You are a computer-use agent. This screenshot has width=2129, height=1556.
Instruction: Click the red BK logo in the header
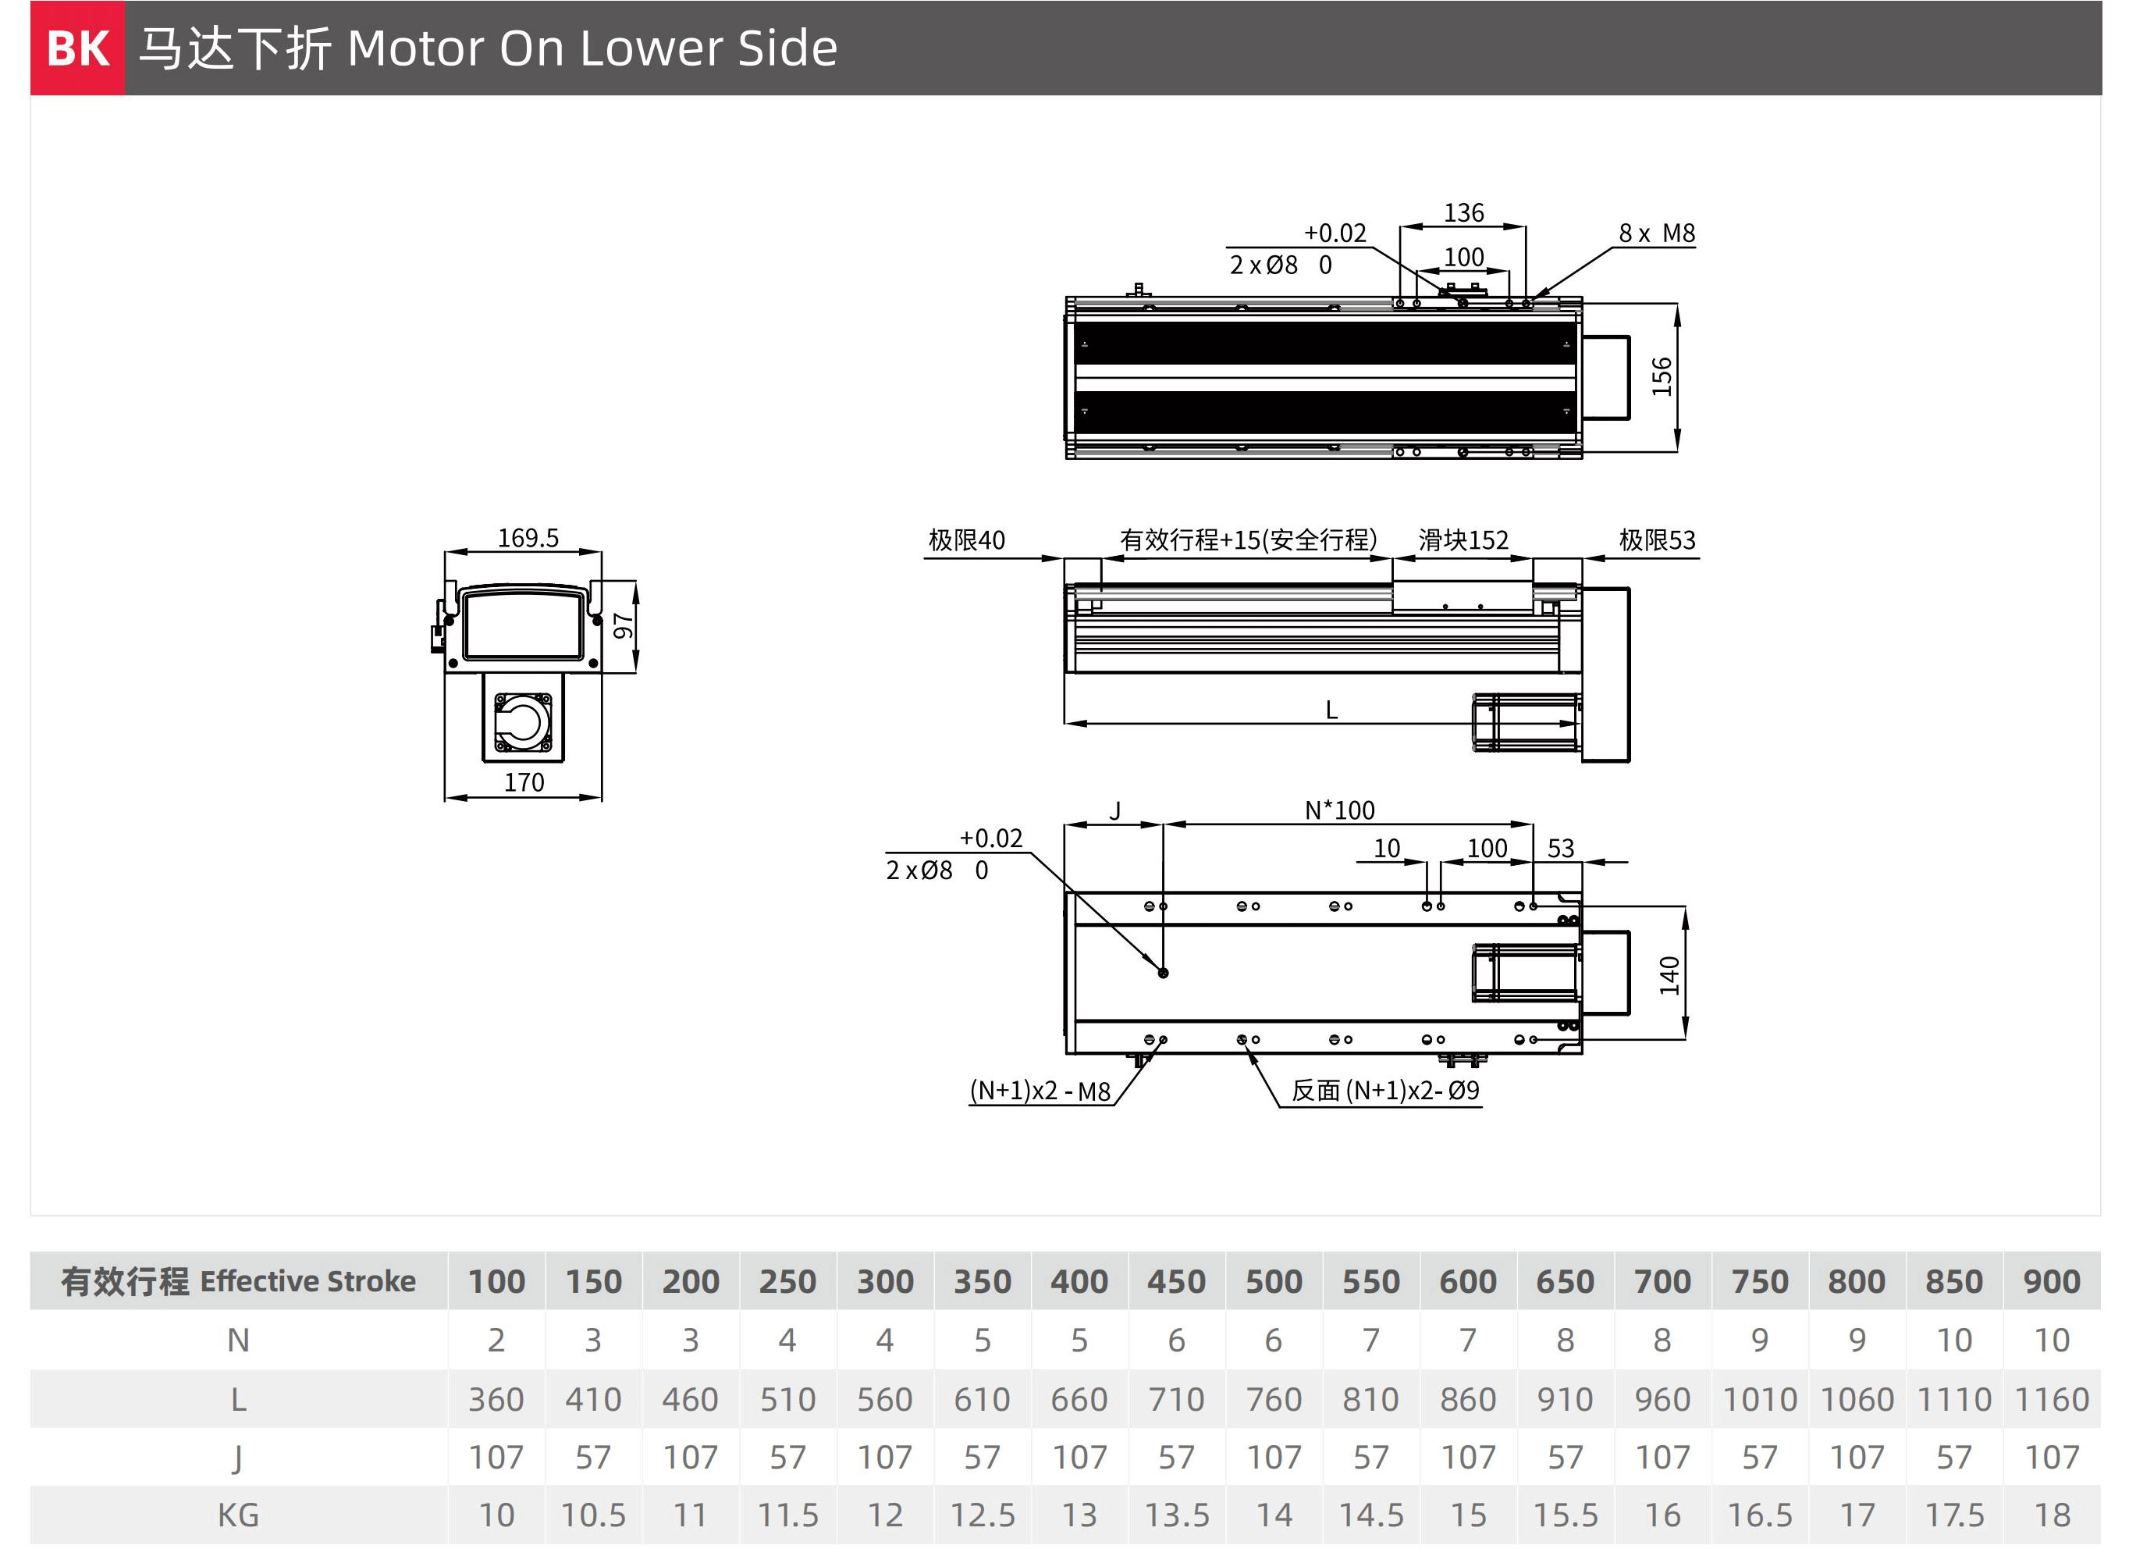click(x=77, y=48)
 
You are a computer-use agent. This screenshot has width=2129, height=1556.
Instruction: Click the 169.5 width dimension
click(x=528, y=538)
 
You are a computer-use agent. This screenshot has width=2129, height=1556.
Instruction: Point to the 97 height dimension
click(x=623, y=625)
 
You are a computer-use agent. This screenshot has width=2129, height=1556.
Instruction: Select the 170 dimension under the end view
click(x=524, y=783)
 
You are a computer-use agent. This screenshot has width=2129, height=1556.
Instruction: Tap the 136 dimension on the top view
click(x=1463, y=213)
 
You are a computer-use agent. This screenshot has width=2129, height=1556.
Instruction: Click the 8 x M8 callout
click(x=1656, y=233)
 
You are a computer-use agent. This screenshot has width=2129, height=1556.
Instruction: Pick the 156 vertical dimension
click(x=1662, y=377)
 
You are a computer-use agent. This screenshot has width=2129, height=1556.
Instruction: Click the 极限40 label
click(x=966, y=539)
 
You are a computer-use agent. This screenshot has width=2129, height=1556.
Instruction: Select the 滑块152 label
click(x=1463, y=539)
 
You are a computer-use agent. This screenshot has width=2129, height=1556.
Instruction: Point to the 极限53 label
click(x=1658, y=539)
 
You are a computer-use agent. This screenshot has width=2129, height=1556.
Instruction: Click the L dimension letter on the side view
click(x=1331, y=710)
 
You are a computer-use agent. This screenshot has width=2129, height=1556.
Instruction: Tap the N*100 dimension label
click(x=1339, y=810)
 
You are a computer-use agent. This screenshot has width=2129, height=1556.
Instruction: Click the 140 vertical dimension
click(x=1669, y=975)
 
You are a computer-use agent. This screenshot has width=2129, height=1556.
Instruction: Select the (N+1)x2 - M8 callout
click(x=1040, y=1091)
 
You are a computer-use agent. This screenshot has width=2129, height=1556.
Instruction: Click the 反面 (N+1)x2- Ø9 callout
click(x=1385, y=1091)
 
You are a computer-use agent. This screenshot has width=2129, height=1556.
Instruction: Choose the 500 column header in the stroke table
click(x=1273, y=1282)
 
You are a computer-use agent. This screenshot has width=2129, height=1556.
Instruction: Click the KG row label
click(x=238, y=1515)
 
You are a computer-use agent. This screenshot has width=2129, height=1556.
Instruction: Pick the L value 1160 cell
click(x=2052, y=1400)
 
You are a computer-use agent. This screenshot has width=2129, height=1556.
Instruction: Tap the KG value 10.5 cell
click(x=593, y=1515)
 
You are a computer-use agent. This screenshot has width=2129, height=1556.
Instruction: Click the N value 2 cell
click(x=496, y=1341)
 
